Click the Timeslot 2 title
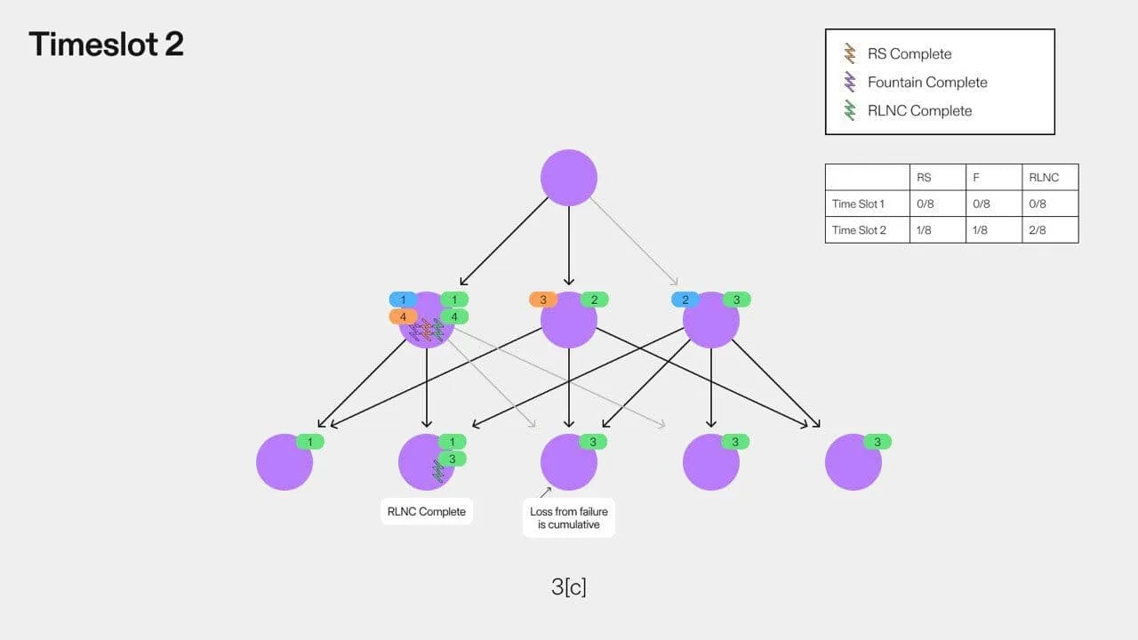(106, 44)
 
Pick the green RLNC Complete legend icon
(849, 110)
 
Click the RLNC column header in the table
(1044, 177)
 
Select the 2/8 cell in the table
(1038, 230)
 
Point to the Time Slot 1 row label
(858, 204)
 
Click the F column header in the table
(976, 177)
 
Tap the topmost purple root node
(568, 178)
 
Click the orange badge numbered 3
(543, 300)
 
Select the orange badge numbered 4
(403, 317)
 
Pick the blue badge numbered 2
(685, 300)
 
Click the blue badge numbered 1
(403, 300)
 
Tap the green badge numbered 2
(595, 300)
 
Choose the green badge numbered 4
(454, 317)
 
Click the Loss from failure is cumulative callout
(568, 517)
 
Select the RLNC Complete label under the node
(426, 511)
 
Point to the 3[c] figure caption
(568, 587)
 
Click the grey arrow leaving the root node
(634, 241)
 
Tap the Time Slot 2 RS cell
(924, 230)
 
